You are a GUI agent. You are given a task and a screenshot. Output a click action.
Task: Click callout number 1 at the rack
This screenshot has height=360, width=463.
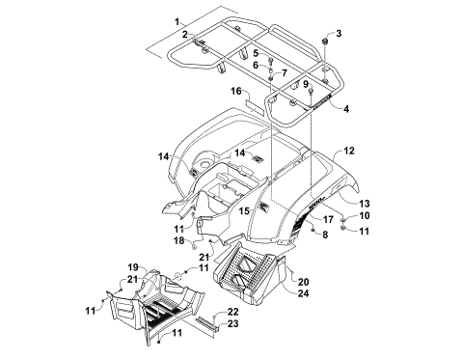(x=177, y=20)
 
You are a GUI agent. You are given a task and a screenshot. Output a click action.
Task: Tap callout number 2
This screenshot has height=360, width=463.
(x=182, y=35)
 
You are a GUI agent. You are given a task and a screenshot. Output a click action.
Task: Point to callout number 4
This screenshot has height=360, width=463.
(x=346, y=109)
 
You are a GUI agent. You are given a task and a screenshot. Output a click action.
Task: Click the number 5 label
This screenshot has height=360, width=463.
(x=256, y=52)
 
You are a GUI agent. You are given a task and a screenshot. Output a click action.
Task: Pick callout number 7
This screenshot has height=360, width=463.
(x=285, y=73)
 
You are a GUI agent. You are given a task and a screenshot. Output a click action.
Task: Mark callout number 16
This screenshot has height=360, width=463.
(x=235, y=90)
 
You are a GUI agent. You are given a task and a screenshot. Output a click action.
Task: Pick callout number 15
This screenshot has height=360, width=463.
(x=245, y=209)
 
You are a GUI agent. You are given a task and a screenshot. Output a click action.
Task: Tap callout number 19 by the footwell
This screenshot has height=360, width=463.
(x=134, y=265)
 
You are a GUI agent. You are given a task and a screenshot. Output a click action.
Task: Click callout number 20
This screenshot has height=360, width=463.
(x=304, y=281)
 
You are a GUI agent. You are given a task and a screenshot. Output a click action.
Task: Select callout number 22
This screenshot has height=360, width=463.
(x=232, y=311)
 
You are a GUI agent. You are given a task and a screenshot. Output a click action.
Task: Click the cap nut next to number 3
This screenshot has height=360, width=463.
(x=328, y=44)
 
